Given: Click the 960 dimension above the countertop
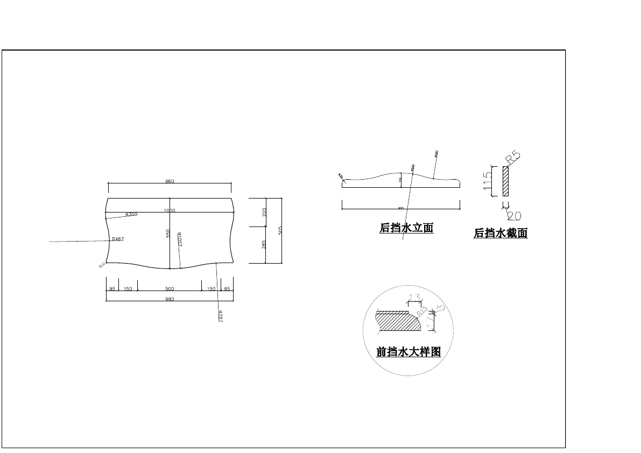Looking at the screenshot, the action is click(170, 181).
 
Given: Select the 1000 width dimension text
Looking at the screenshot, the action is click(170, 211).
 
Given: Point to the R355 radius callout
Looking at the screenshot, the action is click(131, 214).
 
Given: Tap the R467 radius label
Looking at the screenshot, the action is click(117, 238).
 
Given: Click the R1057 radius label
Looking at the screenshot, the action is click(179, 239).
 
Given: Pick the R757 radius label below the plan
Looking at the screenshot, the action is click(220, 316).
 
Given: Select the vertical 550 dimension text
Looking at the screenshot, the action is click(168, 233).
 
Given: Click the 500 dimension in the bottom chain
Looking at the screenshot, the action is click(170, 289).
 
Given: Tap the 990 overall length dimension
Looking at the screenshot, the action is click(170, 299).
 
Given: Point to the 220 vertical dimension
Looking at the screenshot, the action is click(264, 213).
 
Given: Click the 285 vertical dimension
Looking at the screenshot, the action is click(264, 245).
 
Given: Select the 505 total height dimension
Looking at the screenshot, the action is click(280, 230).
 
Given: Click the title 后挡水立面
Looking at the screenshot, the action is click(406, 228).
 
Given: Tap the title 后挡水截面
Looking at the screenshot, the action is click(501, 233).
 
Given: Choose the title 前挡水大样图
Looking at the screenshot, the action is click(408, 352).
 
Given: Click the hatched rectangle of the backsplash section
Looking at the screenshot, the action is click(505, 181).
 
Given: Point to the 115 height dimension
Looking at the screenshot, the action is click(488, 181).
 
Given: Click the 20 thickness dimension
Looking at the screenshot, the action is click(514, 216).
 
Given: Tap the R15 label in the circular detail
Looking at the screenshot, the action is click(421, 310).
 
